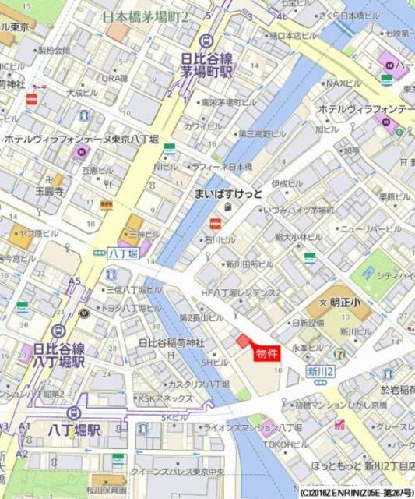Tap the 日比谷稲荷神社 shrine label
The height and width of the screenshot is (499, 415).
click(x=171, y=343)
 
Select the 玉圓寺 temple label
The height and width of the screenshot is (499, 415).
click(x=49, y=189)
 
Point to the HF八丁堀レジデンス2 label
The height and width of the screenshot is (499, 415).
click(x=241, y=292)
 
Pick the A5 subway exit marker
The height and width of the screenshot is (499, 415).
click(x=75, y=281)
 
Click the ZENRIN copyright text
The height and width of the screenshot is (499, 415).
click(x=346, y=493)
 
